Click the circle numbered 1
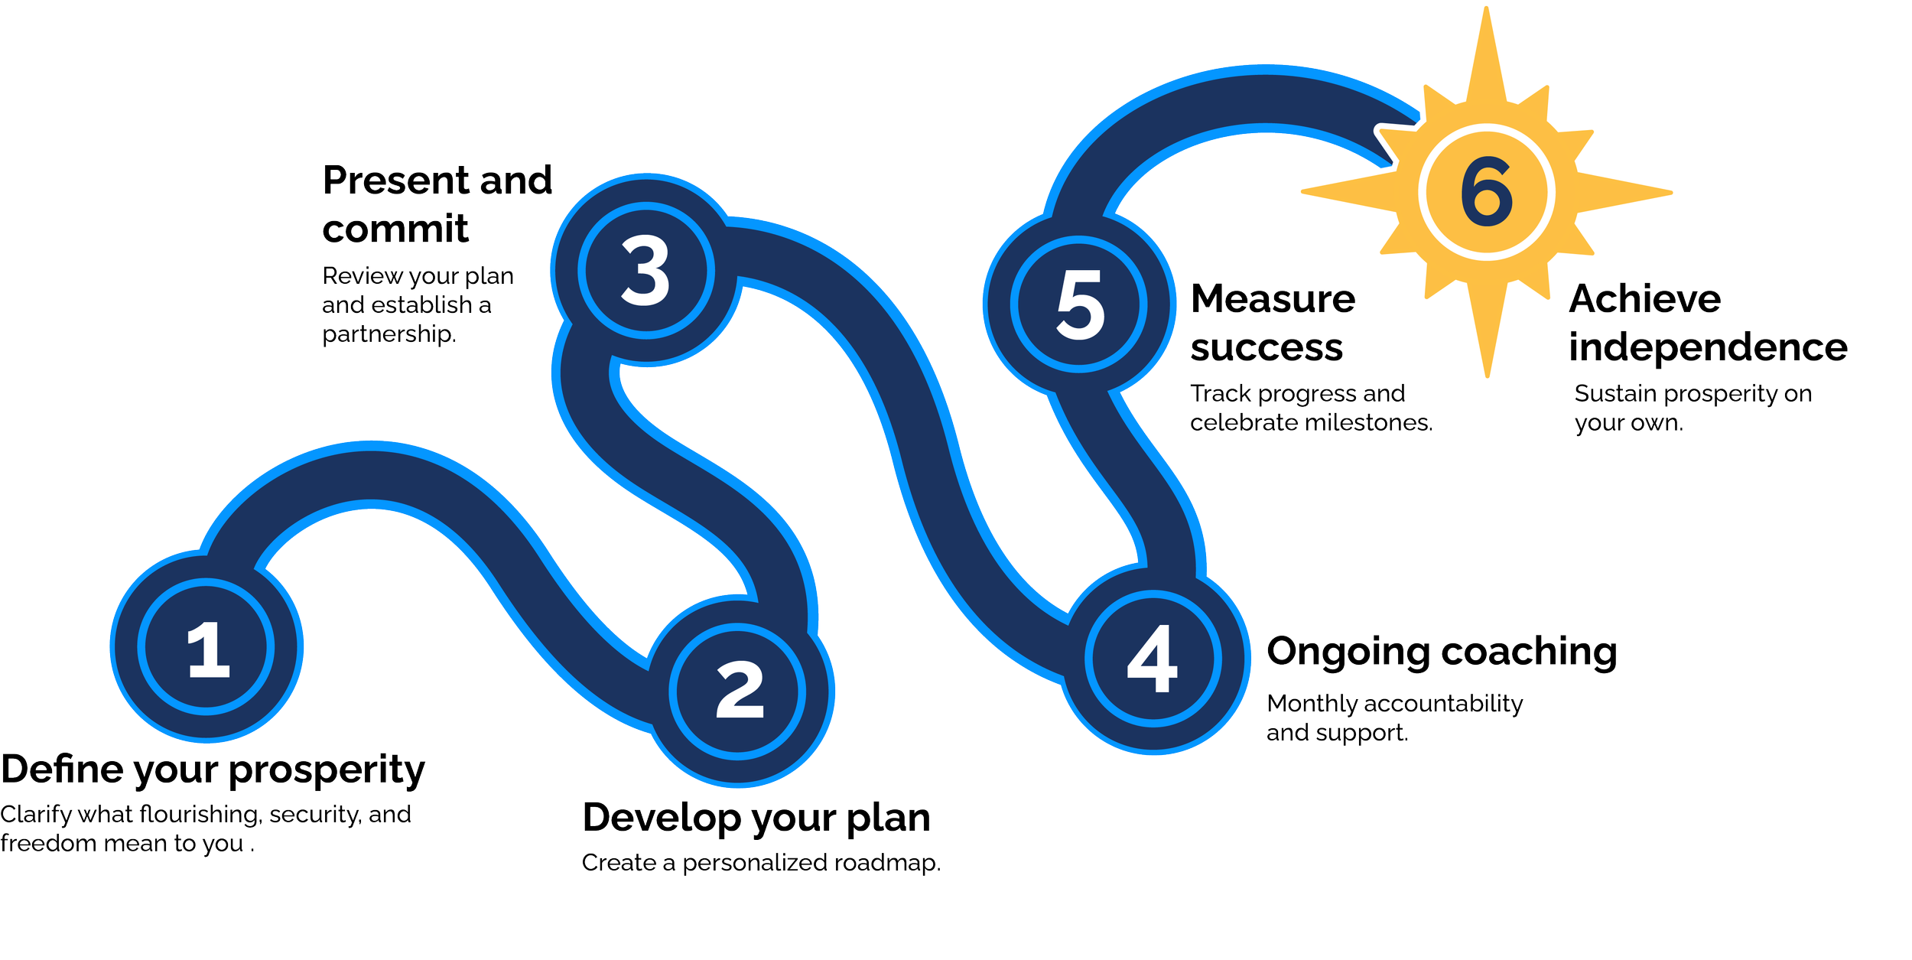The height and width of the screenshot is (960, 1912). pos(206,647)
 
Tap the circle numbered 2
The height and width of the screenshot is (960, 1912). pos(739,691)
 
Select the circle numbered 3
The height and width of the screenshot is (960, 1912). pos(646,271)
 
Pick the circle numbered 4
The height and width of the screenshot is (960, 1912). pos(1153,659)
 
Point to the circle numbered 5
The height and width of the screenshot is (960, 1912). pos(1079,304)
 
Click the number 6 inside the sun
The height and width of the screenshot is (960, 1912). pos(1487,192)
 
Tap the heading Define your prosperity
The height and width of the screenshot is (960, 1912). pos(213,771)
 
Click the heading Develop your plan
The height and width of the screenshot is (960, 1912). pos(756,818)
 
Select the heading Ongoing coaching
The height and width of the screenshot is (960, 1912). pos(1442,652)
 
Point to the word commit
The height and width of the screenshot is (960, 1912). pos(395,229)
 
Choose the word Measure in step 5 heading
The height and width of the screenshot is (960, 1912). pos(1273,299)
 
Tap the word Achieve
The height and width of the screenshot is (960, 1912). pos(1645,299)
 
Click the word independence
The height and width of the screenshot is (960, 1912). pos(1709,348)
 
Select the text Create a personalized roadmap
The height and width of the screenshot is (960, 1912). pos(761,864)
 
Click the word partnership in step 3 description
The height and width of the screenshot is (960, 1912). pos(389,334)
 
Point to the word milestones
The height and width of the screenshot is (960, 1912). pos(1369,423)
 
